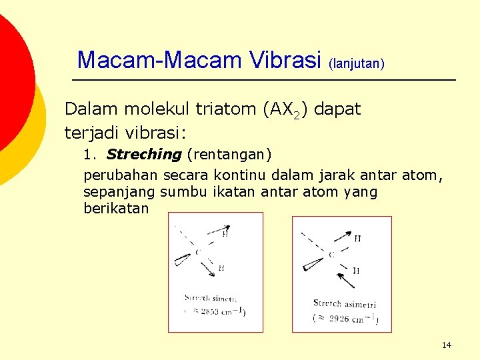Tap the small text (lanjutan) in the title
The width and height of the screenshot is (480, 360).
click(x=356, y=64)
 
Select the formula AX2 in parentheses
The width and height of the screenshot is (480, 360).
click(x=285, y=110)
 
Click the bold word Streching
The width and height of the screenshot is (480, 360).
click(x=143, y=155)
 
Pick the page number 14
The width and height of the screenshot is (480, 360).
click(x=446, y=345)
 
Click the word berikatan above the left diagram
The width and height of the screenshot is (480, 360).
click(x=117, y=209)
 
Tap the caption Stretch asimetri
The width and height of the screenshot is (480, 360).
click(x=345, y=303)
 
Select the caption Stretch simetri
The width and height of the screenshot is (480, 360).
click(x=211, y=299)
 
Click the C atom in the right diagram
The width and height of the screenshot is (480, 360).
click(x=331, y=254)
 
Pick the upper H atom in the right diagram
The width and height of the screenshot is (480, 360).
click(x=358, y=239)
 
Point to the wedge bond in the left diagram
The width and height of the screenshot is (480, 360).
click(x=182, y=261)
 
